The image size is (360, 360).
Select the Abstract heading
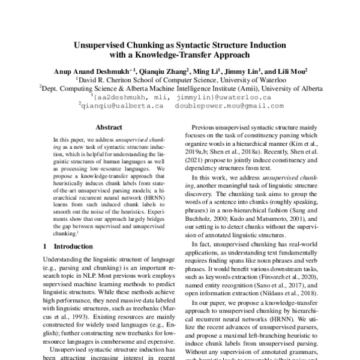pyautogui.click(x=109, y=127)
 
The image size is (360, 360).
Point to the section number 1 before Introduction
pyautogui.click(x=44, y=246)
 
